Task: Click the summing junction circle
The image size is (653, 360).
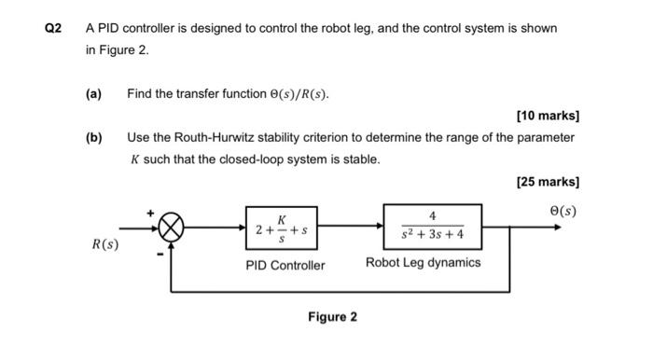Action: point(172,227)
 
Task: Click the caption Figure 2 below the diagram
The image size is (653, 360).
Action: point(332,317)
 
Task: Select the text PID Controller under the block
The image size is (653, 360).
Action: point(285,266)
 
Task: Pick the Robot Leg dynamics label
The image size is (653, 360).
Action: point(424,263)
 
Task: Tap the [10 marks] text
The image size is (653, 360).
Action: point(548,117)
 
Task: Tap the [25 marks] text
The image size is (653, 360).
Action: point(548,182)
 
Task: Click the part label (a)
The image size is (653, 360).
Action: point(93,95)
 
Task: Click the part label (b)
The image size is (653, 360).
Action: point(93,138)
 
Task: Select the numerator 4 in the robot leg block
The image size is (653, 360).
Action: point(432,215)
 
